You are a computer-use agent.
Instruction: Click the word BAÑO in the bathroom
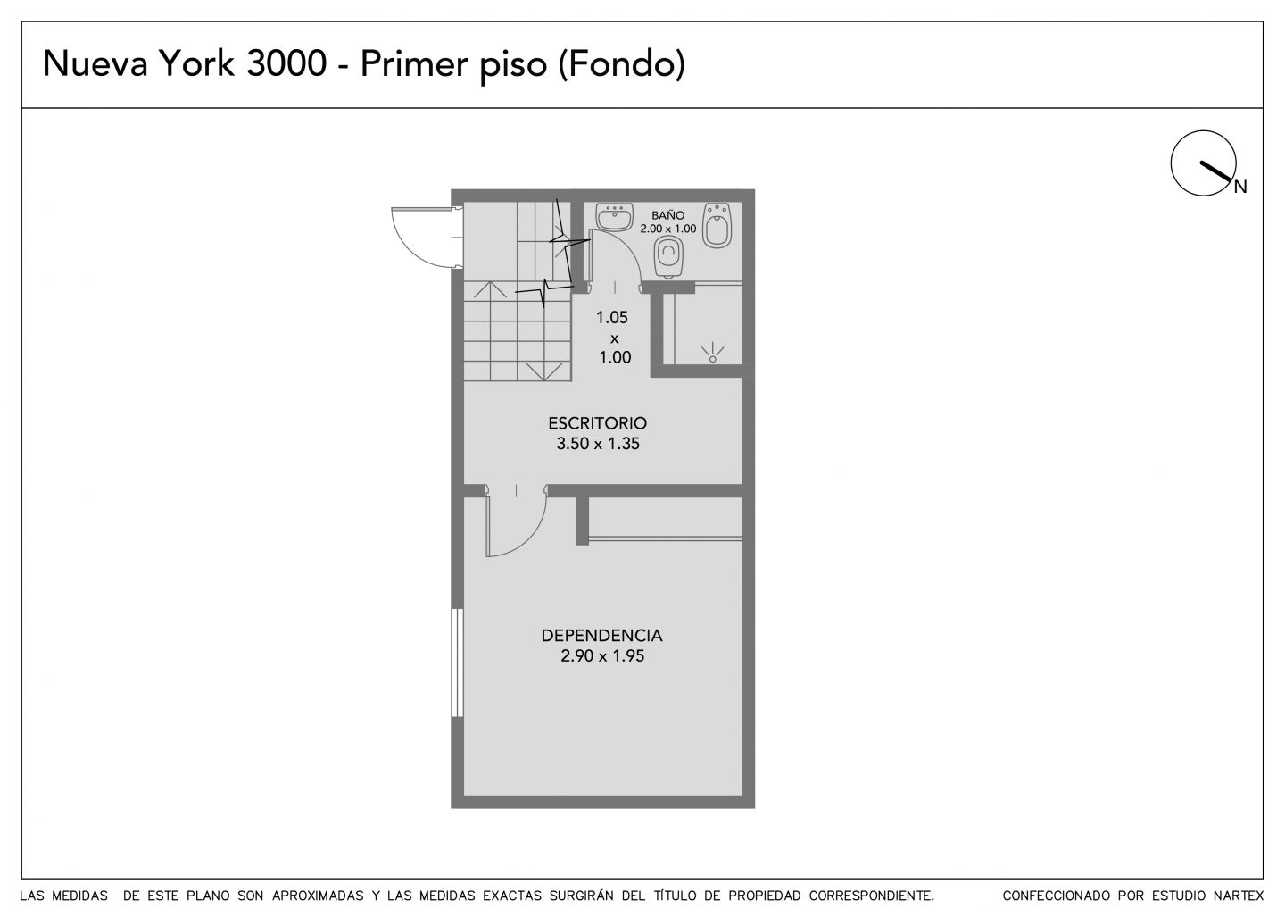click(x=667, y=215)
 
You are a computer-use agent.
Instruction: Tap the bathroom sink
click(x=614, y=216)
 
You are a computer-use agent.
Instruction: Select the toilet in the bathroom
click(x=669, y=259)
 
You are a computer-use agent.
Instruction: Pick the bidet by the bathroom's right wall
click(x=717, y=225)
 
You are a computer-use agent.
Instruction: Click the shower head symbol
click(x=712, y=353)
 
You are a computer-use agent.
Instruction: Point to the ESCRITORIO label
click(x=598, y=423)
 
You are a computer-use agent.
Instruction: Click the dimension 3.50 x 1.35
click(x=598, y=444)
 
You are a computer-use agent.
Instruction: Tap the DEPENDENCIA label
click(x=601, y=635)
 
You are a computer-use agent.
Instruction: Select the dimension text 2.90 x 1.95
click(x=602, y=655)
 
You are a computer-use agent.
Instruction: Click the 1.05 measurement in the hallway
click(x=612, y=317)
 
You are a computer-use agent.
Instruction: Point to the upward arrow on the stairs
click(x=489, y=290)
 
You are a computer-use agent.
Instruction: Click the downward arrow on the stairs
click(x=543, y=371)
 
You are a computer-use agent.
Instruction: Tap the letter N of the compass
click(x=1240, y=188)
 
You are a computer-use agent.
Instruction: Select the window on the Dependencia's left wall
click(x=457, y=663)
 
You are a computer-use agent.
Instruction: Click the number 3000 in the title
click(x=286, y=63)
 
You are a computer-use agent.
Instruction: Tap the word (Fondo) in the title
click(x=622, y=64)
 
